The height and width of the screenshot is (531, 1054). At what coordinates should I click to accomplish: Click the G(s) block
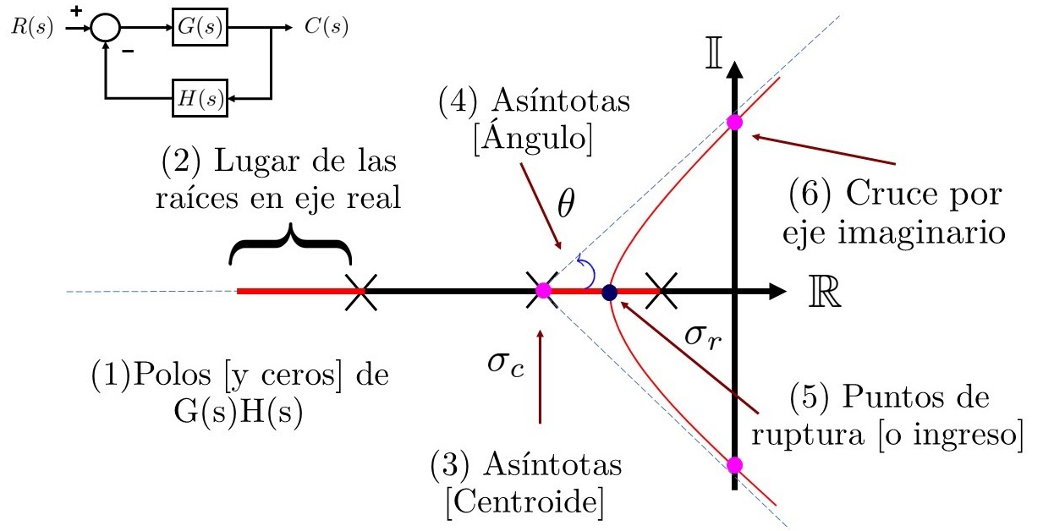pos(200,29)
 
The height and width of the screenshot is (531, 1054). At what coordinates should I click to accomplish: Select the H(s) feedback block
pos(200,99)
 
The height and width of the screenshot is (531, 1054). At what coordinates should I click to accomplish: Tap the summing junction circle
pos(105,29)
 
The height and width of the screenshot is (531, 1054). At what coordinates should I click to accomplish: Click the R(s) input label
pos(33,28)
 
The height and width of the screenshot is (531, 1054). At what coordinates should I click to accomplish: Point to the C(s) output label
pos(326,28)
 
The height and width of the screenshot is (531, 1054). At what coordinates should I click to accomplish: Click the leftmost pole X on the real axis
pos(360,292)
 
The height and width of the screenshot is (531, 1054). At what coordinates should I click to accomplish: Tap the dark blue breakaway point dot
pos(609,293)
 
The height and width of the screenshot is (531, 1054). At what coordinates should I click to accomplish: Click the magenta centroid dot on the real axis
pos(543,291)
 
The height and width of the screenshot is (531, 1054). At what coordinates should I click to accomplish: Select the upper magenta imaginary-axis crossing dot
pos(734,122)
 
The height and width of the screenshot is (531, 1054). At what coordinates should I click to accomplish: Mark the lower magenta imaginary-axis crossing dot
pos(734,464)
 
